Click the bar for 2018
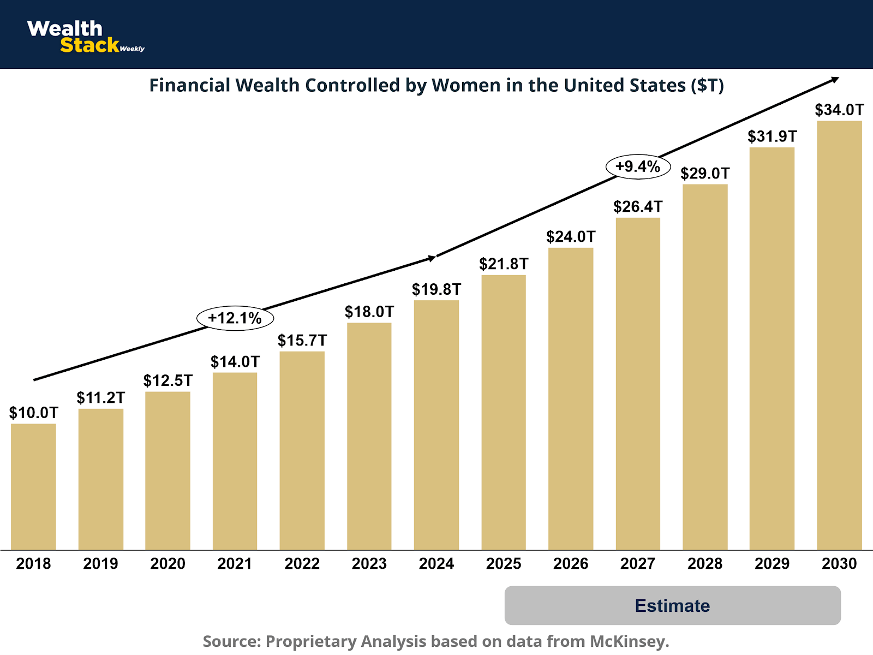(x=33, y=486)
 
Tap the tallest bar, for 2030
(x=839, y=335)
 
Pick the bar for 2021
(x=235, y=461)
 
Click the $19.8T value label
(x=436, y=289)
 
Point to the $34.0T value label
(x=839, y=110)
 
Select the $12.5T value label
(x=168, y=380)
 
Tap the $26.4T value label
(x=637, y=206)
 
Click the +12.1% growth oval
(x=235, y=318)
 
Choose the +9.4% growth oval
(x=638, y=166)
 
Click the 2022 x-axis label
(x=302, y=563)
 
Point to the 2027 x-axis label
(x=637, y=563)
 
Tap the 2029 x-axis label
(x=772, y=563)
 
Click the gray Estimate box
(x=672, y=605)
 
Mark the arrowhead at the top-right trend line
(x=835, y=80)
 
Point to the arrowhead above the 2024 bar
(x=432, y=258)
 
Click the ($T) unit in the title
(x=707, y=86)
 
